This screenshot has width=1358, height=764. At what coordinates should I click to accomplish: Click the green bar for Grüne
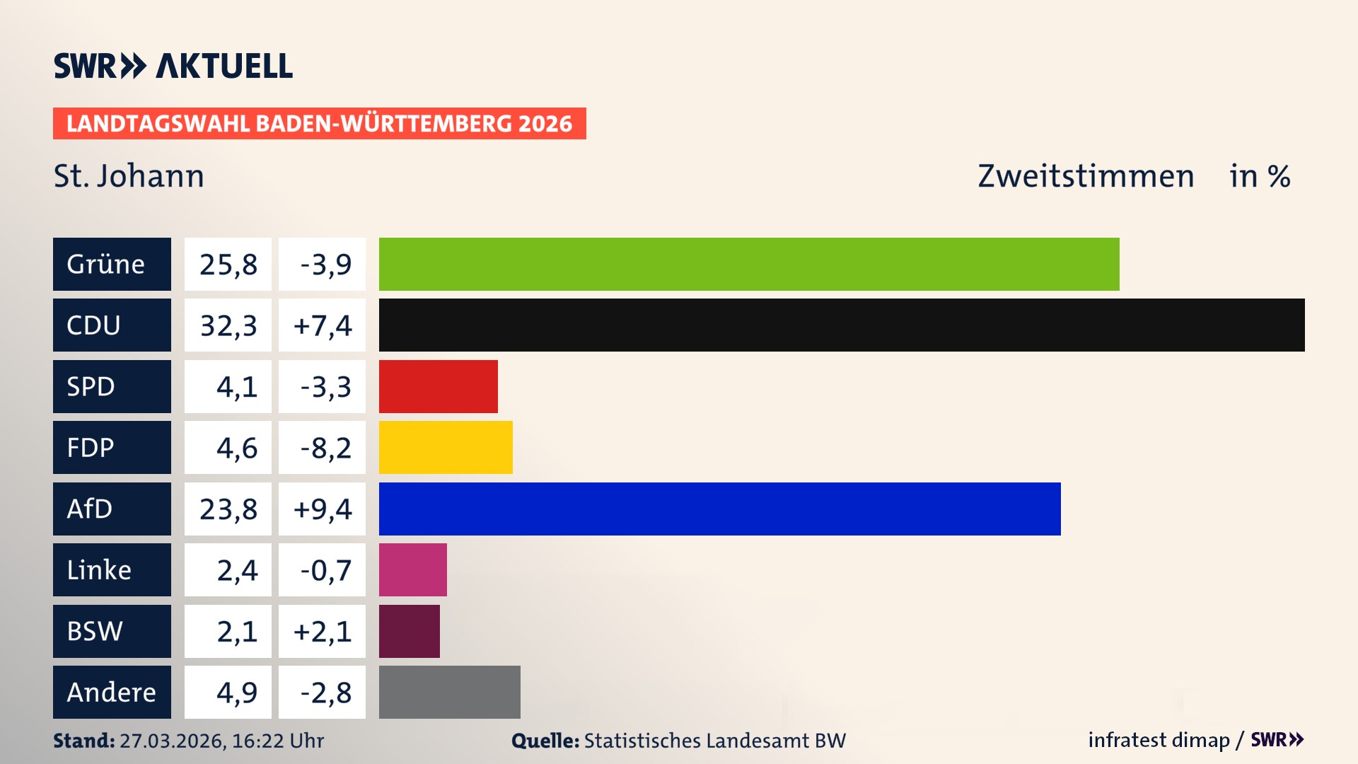tap(748, 264)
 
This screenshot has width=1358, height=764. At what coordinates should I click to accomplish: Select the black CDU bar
tap(842, 325)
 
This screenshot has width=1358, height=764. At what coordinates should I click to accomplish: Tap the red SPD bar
tap(438, 386)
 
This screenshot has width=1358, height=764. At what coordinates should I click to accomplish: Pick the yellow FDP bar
tap(446, 447)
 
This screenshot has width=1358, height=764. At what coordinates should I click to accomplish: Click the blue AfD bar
tap(719, 509)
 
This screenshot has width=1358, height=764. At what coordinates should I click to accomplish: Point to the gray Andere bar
tap(449, 692)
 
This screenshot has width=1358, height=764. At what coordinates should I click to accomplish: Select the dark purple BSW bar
tap(409, 631)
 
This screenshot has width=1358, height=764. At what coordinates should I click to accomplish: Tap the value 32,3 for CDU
tap(228, 325)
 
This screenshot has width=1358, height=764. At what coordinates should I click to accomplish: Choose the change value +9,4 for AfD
tap(322, 509)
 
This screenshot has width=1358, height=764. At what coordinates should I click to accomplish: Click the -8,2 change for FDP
tap(325, 448)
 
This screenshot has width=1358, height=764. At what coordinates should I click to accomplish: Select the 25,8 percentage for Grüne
tap(228, 265)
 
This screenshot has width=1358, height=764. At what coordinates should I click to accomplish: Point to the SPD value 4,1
tap(236, 387)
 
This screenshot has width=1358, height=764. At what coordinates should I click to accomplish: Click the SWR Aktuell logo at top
tap(173, 66)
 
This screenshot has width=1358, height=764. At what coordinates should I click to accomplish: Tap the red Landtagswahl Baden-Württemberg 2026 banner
tap(319, 124)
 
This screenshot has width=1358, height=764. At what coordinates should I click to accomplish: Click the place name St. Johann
tap(129, 176)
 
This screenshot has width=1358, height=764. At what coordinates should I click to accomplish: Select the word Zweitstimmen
tap(1085, 176)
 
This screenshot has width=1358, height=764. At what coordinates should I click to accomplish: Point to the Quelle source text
tap(678, 741)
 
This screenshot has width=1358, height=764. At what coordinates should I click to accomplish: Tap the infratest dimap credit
tap(1158, 740)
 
